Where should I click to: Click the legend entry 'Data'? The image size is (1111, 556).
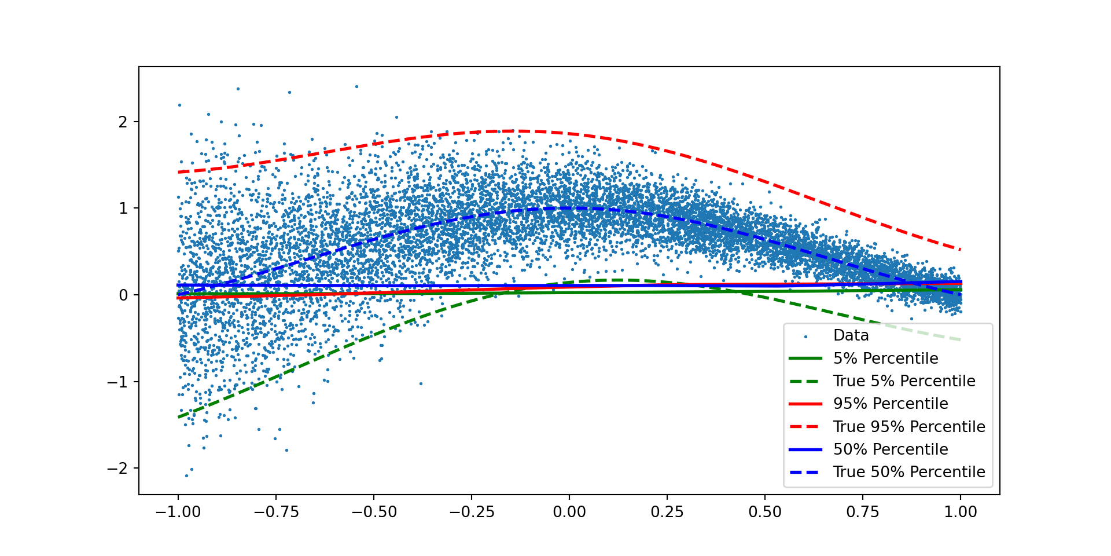click(851, 335)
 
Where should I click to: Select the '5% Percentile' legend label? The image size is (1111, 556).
click(885, 359)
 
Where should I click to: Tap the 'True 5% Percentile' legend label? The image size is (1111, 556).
click(904, 381)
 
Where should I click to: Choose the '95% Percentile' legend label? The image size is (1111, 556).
click(891, 404)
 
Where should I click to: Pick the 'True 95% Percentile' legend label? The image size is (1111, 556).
click(909, 427)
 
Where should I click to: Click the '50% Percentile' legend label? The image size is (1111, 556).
click(891, 449)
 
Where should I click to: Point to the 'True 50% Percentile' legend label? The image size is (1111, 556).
click(909, 472)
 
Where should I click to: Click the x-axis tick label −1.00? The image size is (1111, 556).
click(178, 512)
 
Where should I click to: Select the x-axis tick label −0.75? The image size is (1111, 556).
click(276, 512)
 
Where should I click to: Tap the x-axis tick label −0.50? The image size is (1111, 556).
click(374, 512)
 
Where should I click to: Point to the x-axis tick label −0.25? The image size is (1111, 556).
click(472, 512)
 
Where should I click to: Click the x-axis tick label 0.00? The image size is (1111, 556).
click(569, 512)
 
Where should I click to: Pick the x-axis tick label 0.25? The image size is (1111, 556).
click(667, 512)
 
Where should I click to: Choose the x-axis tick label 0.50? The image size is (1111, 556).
click(765, 512)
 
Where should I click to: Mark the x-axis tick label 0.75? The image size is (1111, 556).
click(863, 512)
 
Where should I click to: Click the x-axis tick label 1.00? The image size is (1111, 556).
click(961, 512)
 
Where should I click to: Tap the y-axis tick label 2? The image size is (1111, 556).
click(123, 122)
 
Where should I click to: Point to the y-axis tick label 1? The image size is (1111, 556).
click(123, 209)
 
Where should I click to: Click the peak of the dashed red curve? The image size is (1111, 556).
click(515, 131)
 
